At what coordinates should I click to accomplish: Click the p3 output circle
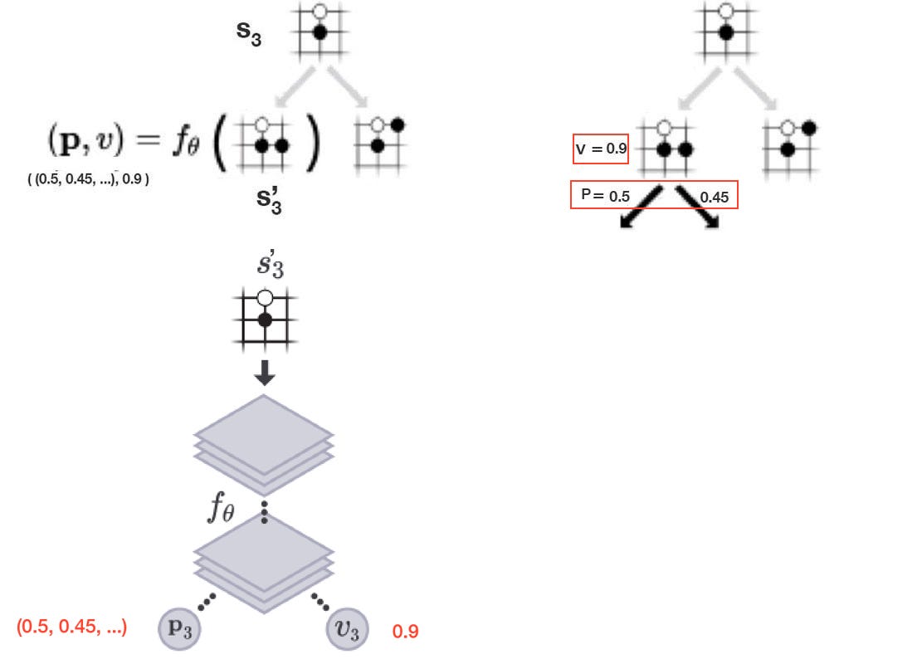(180, 630)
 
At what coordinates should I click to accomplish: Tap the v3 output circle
(346, 631)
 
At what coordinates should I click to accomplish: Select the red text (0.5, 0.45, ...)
(71, 627)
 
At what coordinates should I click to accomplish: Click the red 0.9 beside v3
(405, 632)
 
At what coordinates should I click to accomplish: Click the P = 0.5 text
(606, 196)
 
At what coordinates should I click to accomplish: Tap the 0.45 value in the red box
(715, 198)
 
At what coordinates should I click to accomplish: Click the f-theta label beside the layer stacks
(221, 508)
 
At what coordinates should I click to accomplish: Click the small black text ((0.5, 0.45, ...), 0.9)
(89, 178)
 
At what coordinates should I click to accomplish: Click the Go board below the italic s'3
(265, 317)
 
